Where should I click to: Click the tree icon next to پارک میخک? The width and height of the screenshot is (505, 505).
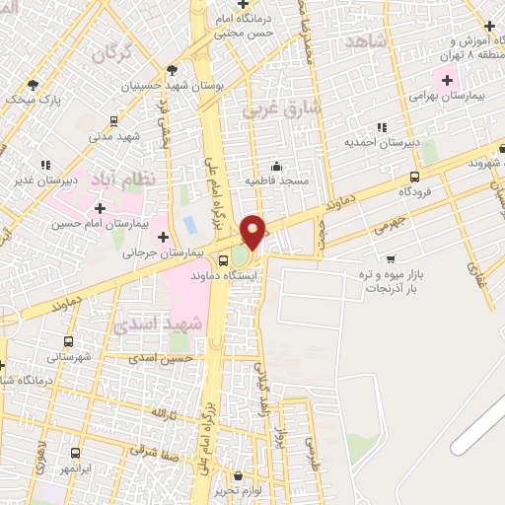pyautogui.click(x=35, y=84)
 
